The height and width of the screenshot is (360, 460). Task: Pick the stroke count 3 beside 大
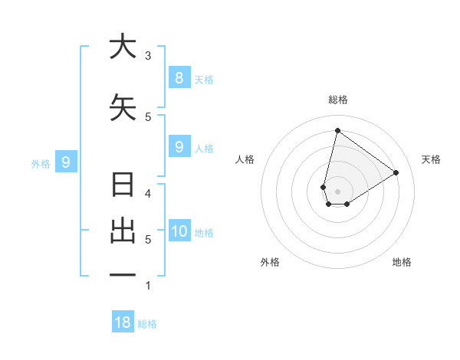(x=148, y=55)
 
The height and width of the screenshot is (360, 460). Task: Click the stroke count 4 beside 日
(x=148, y=194)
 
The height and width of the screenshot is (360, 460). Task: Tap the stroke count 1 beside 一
(x=148, y=286)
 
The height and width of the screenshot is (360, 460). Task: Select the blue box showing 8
(x=179, y=77)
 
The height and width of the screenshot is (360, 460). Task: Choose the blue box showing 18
(x=123, y=322)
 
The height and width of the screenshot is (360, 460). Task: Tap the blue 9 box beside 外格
(x=66, y=162)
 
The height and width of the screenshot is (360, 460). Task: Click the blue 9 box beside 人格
(x=179, y=146)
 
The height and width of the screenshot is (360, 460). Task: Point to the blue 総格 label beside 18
(x=147, y=324)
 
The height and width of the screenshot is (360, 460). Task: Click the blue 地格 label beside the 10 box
(x=204, y=233)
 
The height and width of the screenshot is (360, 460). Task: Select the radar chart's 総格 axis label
(x=338, y=100)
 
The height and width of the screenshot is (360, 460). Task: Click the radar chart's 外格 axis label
(x=270, y=262)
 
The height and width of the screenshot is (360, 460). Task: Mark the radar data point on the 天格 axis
(x=396, y=172)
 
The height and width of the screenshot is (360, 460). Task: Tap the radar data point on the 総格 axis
(x=337, y=131)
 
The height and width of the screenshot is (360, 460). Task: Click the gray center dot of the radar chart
(x=338, y=191)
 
